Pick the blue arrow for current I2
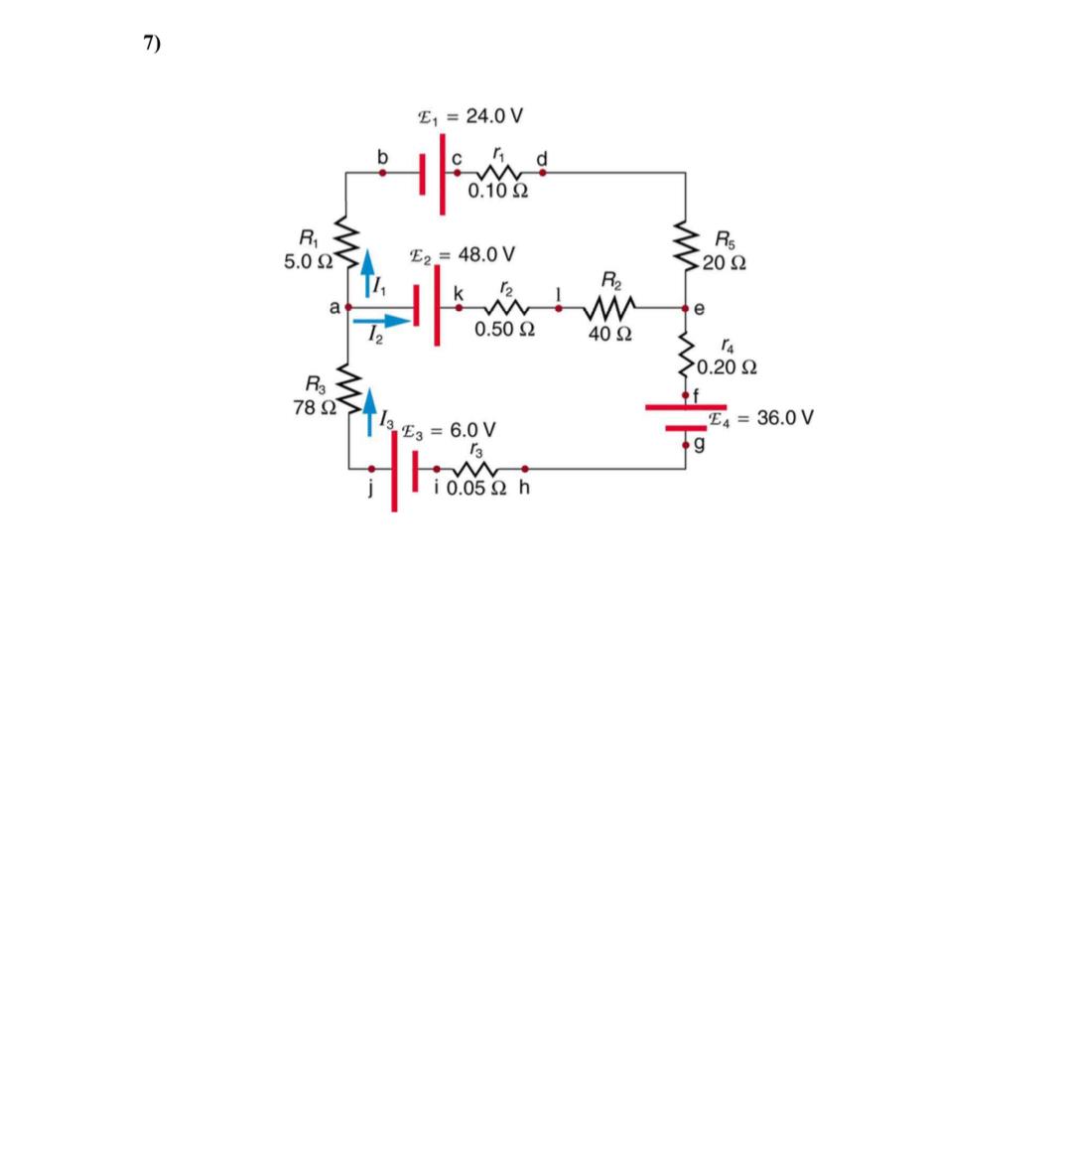click(x=381, y=321)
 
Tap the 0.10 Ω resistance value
click(x=497, y=191)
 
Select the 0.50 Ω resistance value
click(x=506, y=329)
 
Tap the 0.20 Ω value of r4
click(x=729, y=367)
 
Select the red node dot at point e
click(x=686, y=309)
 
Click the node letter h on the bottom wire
click(x=524, y=488)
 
